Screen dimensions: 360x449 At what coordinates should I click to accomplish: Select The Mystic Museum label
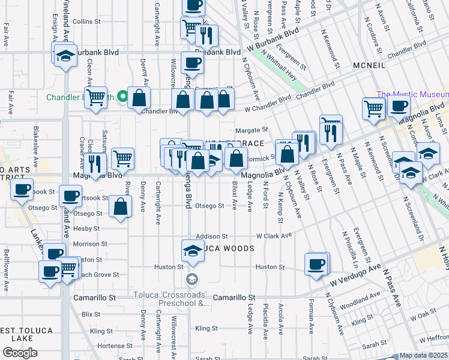point(412,94)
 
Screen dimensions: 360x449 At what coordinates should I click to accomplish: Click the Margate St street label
point(251,130)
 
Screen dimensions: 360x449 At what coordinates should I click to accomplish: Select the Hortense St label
point(110,346)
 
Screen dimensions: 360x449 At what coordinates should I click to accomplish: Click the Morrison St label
point(86,244)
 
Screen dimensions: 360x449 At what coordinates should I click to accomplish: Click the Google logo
point(20,352)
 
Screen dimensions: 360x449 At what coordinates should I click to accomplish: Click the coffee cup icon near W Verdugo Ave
point(316,263)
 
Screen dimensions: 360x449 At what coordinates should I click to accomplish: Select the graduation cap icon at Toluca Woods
point(191,250)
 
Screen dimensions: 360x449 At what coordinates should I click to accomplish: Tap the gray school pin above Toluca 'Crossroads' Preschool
point(191,278)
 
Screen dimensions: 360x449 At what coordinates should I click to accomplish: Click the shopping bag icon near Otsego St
point(121,206)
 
